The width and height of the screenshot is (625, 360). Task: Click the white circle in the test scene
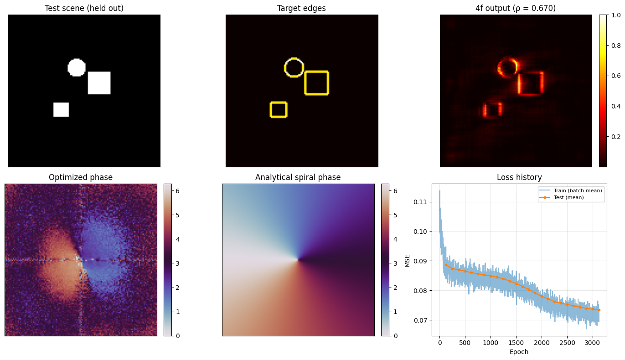pos(77,67)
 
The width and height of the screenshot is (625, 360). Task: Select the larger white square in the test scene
pos(99,83)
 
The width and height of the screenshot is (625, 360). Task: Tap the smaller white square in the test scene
pos(61,109)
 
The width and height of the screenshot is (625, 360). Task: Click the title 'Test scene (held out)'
pos(84,8)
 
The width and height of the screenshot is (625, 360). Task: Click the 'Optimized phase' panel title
pos(81,177)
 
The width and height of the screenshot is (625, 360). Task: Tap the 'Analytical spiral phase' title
pos(298,177)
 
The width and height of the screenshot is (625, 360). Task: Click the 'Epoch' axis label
pos(519,352)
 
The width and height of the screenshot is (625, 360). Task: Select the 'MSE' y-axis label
pos(407,260)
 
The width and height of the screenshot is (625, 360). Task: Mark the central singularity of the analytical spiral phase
pos(298,260)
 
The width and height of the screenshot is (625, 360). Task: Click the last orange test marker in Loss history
pos(599,310)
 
